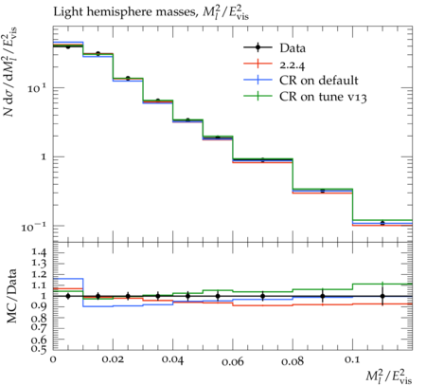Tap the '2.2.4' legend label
293,64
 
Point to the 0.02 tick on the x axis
113,359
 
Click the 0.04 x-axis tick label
172,359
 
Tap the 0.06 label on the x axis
233,360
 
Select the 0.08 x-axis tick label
293,360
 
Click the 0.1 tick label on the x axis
352,359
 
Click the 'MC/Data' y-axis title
11,296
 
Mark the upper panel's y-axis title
9,72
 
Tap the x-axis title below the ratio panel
389,377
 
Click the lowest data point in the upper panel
382,223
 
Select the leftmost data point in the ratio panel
68,296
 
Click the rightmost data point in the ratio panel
382,296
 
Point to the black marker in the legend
257,48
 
